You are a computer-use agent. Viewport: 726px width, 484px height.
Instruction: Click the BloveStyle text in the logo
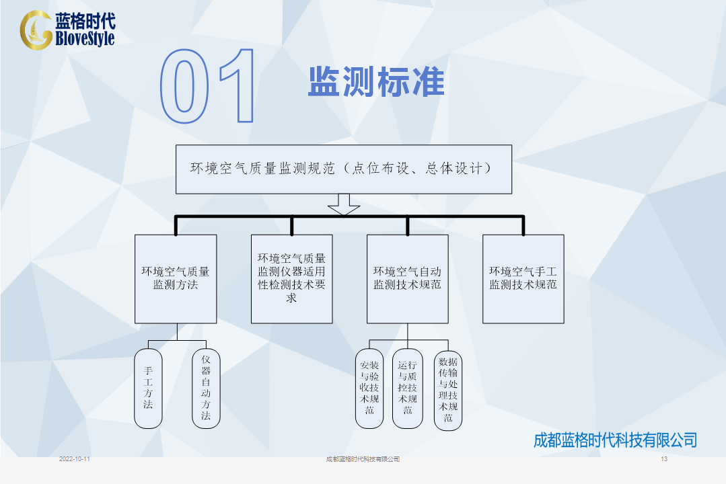85,38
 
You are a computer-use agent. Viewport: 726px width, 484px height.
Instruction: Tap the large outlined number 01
207,86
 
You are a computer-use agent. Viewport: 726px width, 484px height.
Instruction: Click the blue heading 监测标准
376,82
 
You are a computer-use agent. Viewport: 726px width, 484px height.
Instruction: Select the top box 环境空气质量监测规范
344,169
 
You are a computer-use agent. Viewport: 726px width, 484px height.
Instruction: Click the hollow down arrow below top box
344,204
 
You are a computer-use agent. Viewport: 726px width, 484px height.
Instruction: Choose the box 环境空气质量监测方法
176,279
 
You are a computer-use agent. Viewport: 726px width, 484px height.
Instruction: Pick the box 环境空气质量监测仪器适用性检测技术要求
292,279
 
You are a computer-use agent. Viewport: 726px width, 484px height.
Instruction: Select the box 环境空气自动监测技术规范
408,279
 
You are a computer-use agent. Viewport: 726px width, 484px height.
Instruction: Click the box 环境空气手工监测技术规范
523,279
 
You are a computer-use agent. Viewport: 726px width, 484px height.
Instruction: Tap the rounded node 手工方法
148,389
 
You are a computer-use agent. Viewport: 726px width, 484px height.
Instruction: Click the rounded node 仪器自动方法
206,389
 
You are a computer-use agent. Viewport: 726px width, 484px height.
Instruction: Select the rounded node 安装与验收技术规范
369,389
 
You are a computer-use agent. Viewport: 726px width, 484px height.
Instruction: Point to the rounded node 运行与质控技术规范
408,389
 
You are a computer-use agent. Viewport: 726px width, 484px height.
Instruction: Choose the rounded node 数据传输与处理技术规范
448,390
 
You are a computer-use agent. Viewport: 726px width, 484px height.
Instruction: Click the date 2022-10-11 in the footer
75,459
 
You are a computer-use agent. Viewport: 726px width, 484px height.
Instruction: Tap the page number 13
664,459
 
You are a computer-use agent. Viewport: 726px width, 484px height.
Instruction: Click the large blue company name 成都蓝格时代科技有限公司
616,440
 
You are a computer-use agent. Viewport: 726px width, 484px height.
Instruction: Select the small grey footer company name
363,459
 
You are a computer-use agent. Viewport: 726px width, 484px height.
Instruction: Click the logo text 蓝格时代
85,22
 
